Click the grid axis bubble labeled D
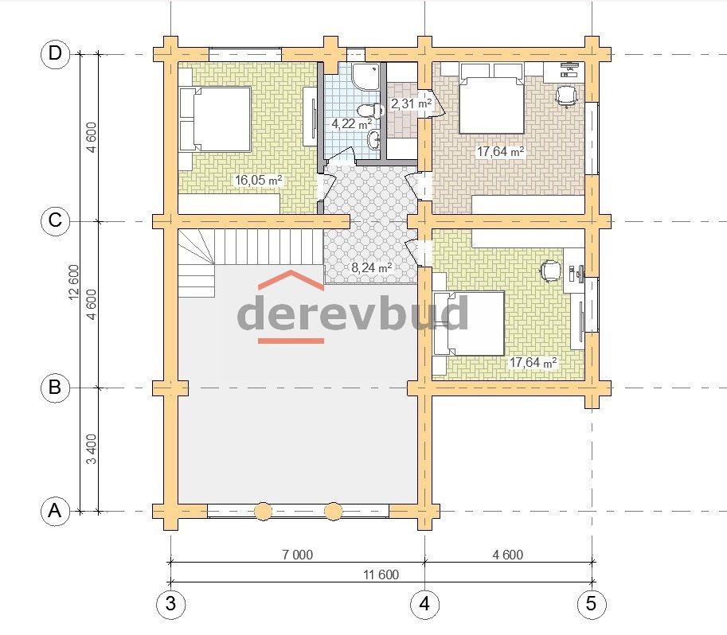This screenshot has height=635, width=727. pyautogui.click(x=55, y=54)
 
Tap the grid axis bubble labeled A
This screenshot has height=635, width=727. pyautogui.click(x=55, y=511)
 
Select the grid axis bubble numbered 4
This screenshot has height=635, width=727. pyautogui.click(x=424, y=603)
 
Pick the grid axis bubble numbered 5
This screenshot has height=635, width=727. pyautogui.click(x=591, y=603)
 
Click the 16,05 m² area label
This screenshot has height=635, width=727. pyautogui.click(x=258, y=180)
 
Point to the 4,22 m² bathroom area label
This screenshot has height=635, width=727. pyautogui.click(x=351, y=124)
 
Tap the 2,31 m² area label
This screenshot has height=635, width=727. pyautogui.click(x=411, y=103)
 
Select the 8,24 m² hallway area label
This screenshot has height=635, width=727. pyautogui.click(x=371, y=267)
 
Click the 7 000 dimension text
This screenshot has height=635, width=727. pyautogui.click(x=298, y=555)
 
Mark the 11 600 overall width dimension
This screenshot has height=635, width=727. pyautogui.click(x=381, y=575)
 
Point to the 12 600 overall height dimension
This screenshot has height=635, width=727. pyautogui.click(x=74, y=282)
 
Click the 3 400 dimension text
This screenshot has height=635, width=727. pyautogui.click(x=92, y=449)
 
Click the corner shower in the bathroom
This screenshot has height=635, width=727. pyautogui.click(x=365, y=76)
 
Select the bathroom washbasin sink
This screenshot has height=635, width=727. pyautogui.click(x=374, y=138)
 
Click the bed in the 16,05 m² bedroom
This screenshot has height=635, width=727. pyautogui.click(x=215, y=119)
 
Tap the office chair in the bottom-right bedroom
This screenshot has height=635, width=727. pyautogui.click(x=550, y=271)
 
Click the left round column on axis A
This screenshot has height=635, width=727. pyautogui.click(x=264, y=511)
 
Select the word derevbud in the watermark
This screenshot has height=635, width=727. pyautogui.click(x=353, y=313)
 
